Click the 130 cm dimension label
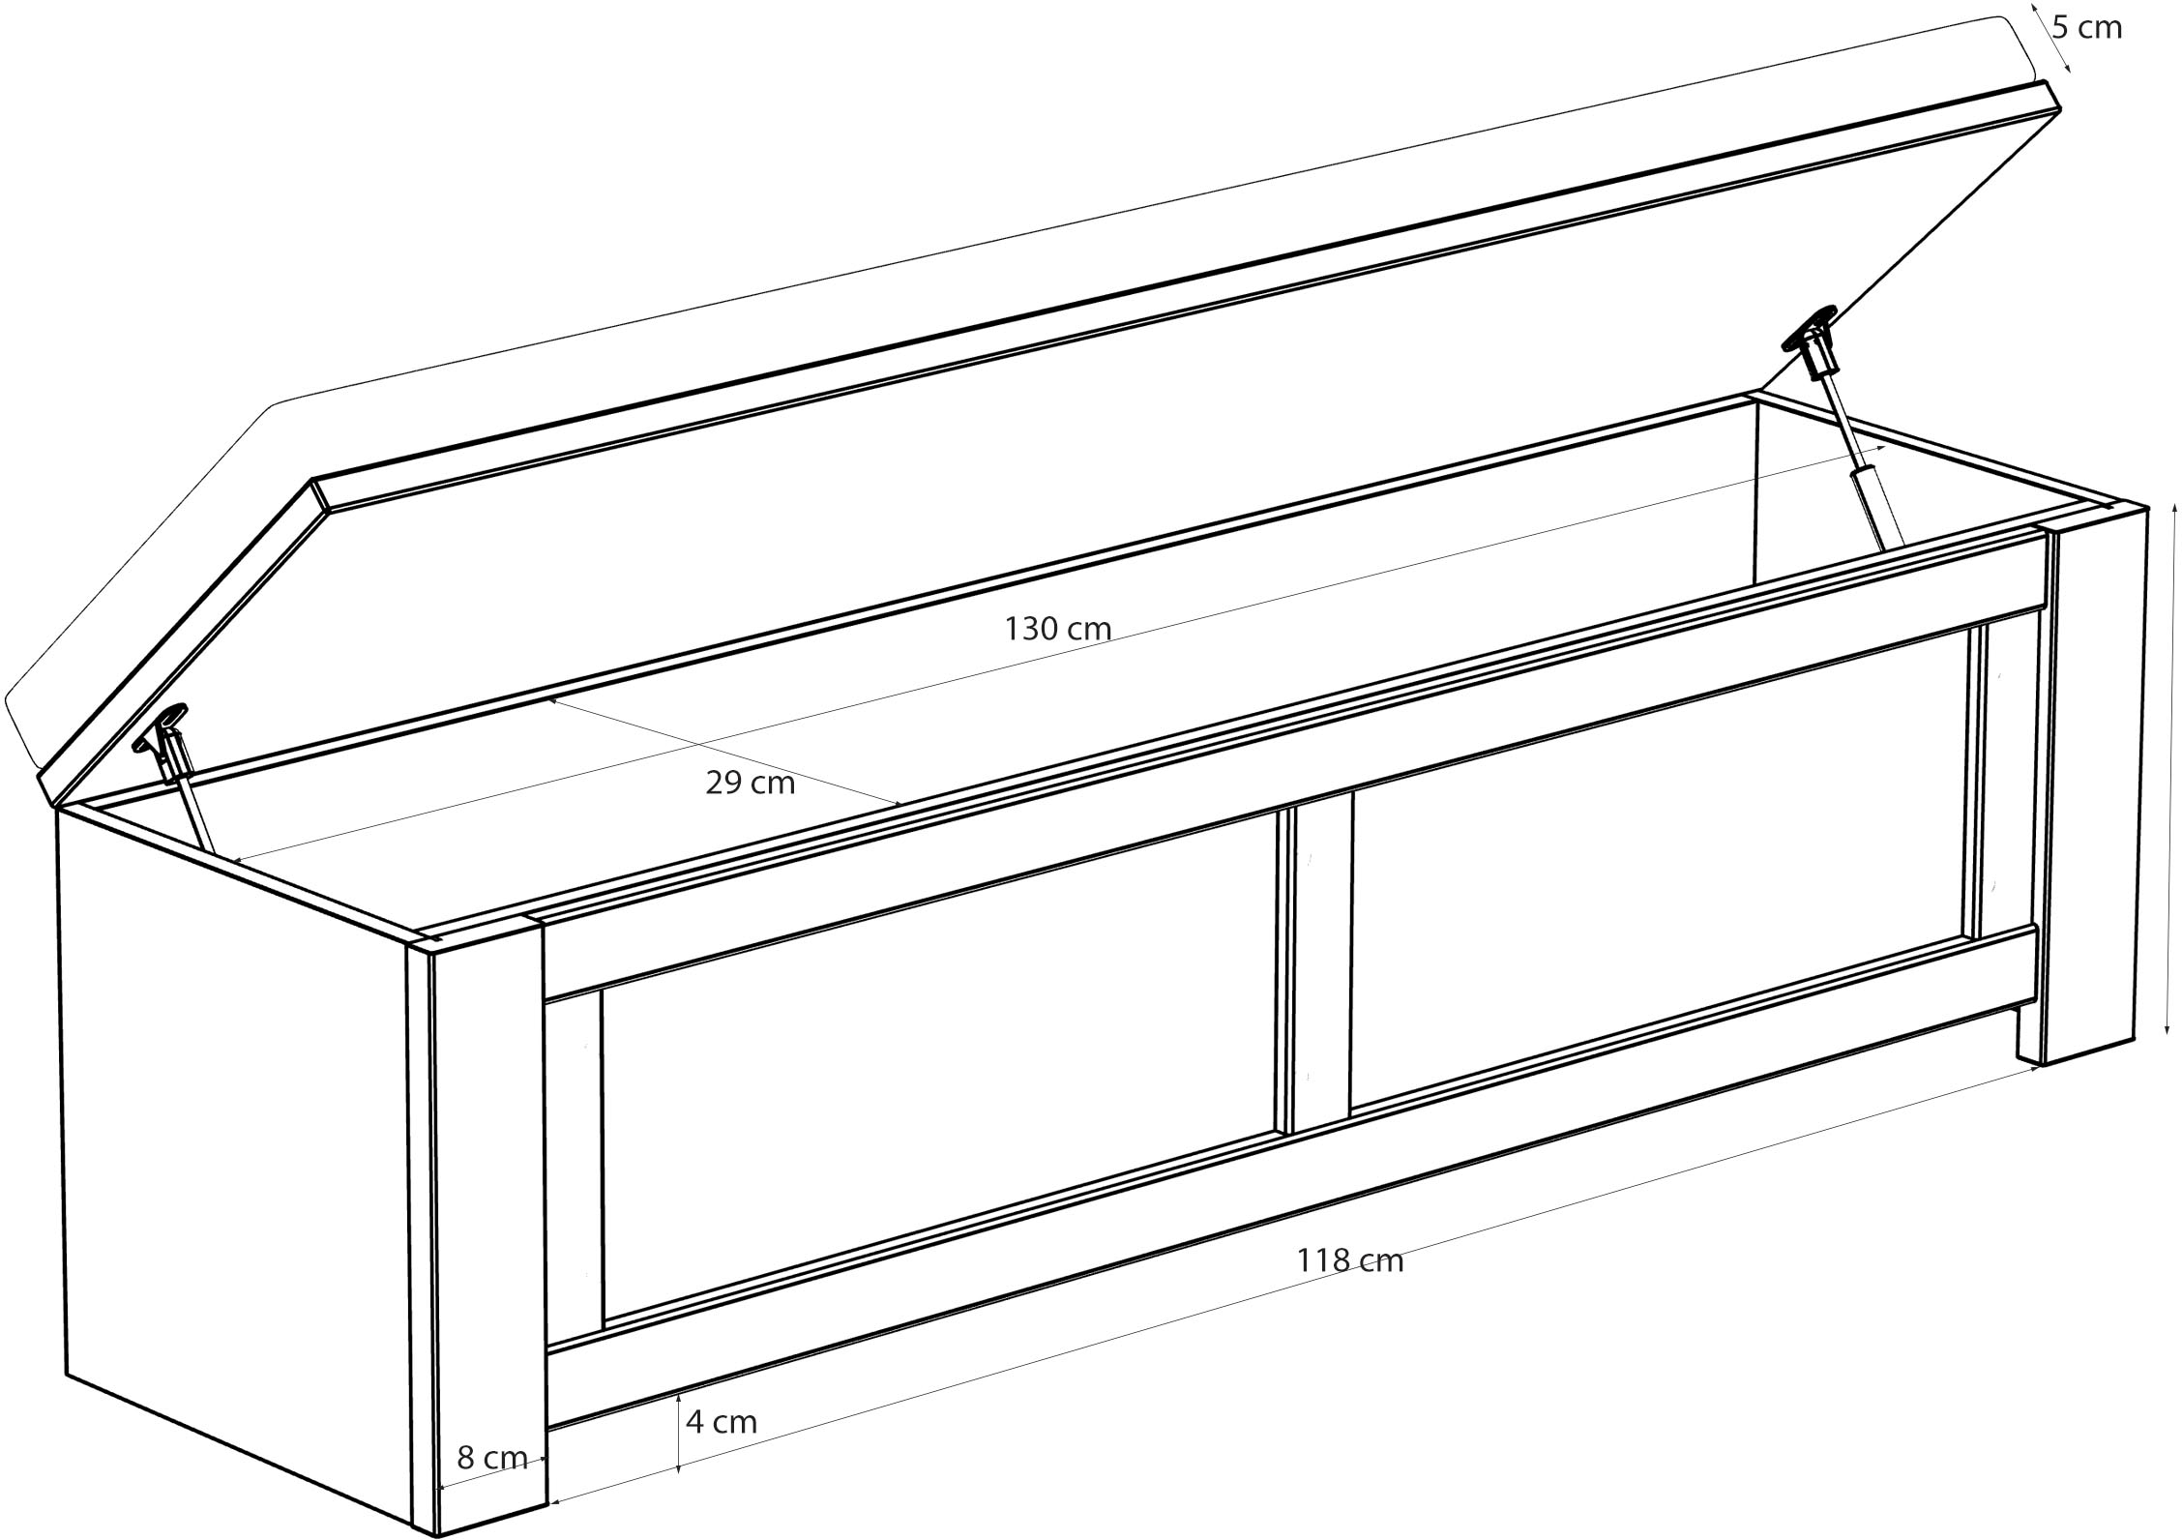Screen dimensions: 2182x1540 1057,630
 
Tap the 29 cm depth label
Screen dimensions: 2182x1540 750,783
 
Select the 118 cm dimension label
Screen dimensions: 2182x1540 1349,1260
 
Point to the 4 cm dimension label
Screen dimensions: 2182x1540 722,1421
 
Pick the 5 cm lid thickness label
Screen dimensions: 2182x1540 2087,28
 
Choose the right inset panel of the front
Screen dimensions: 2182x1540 1658,865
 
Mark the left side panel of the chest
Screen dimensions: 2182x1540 232,1161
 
